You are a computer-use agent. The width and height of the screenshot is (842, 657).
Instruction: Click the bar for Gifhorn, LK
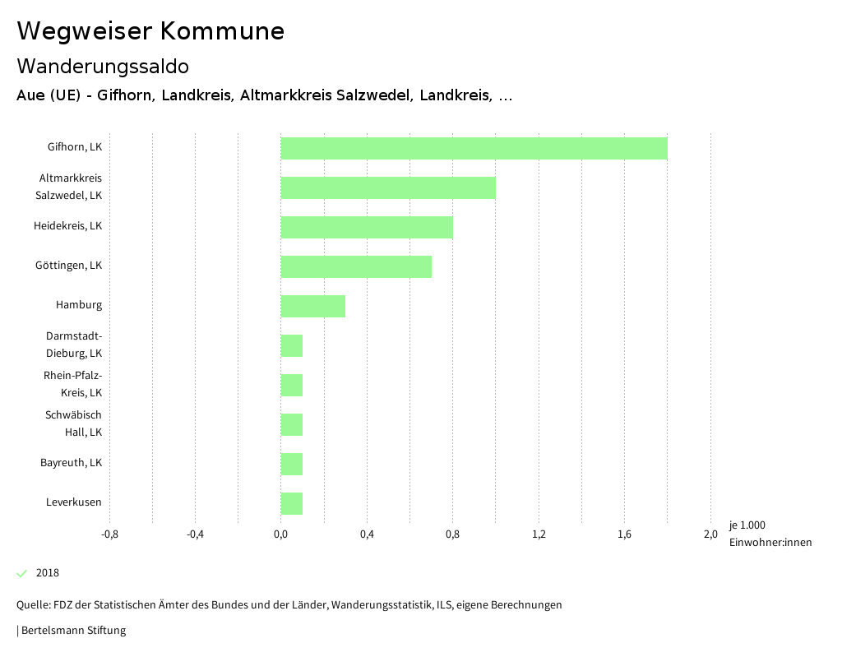click(x=474, y=148)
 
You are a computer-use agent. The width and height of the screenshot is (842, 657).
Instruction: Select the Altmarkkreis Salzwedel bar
click(x=388, y=187)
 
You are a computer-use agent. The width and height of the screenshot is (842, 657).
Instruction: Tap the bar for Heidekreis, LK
click(x=367, y=227)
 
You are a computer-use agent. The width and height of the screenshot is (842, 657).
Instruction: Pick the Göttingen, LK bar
click(x=356, y=266)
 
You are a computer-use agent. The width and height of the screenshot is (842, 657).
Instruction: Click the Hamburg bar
click(x=312, y=306)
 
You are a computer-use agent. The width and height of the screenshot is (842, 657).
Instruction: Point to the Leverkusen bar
click(x=292, y=503)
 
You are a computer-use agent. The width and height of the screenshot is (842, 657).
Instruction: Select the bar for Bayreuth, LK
click(x=292, y=464)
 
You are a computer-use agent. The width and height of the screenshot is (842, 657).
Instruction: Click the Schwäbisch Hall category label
click(x=74, y=423)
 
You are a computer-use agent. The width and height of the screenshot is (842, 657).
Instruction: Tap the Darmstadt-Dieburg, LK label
click(x=74, y=345)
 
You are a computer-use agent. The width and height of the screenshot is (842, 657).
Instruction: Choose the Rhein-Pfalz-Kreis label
click(x=73, y=384)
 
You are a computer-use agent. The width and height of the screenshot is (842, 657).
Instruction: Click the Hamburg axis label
click(x=79, y=305)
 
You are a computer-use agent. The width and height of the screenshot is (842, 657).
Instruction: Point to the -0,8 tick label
click(x=109, y=534)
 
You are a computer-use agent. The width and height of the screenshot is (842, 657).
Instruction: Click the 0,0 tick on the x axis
click(x=280, y=534)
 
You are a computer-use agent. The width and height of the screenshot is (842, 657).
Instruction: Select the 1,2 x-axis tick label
click(x=539, y=534)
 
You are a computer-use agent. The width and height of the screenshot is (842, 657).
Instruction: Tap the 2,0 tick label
click(x=710, y=534)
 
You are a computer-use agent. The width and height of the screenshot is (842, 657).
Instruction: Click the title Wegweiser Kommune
click(x=150, y=31)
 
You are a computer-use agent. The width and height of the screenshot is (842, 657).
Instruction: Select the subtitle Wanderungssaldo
click(x=103, y=66)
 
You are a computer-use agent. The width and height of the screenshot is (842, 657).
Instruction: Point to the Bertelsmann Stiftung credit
click(x=72, y=631)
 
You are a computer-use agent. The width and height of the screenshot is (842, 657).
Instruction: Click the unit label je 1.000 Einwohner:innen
click(x=770, y=534)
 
